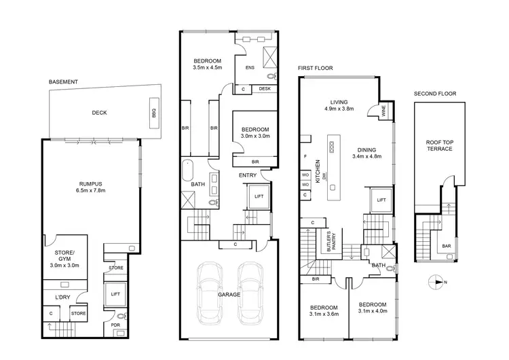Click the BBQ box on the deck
pos(153,113)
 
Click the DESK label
pos(265,89)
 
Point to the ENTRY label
pos(247,176)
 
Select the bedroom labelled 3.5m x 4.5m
pos(207,62)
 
